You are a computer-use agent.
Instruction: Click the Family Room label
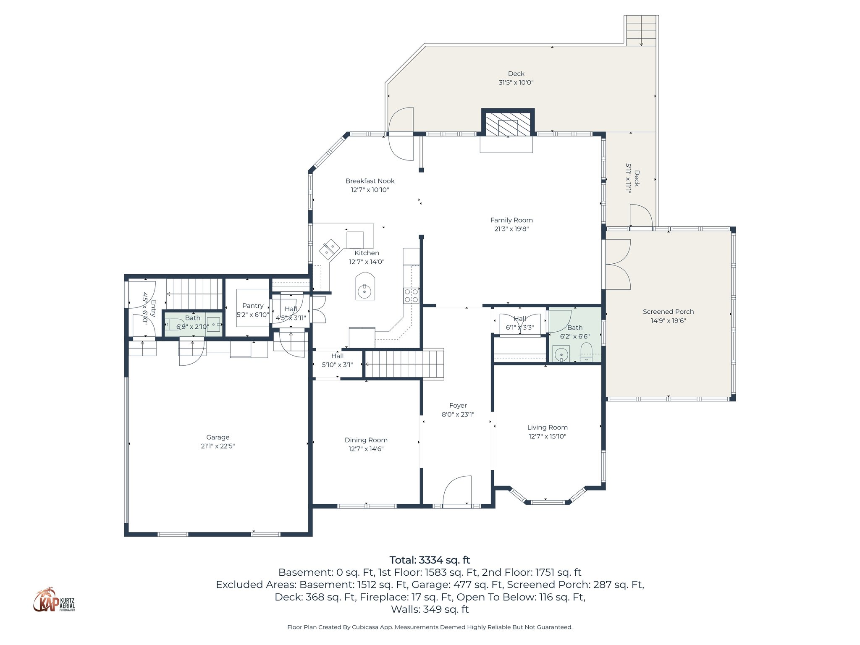511,220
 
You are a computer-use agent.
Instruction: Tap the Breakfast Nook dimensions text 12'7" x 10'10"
370,190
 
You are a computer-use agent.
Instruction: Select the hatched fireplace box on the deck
508,123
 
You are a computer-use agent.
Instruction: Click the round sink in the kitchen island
364,290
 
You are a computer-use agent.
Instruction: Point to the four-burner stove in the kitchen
411,295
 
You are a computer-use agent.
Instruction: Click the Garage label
218,437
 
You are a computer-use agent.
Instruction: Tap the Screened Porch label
668,312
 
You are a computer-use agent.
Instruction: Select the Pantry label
253,306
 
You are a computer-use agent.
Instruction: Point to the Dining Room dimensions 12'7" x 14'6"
366,449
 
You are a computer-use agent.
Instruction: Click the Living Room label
547,427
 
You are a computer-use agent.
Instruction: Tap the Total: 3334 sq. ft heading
430,560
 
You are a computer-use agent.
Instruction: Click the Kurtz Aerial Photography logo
54,600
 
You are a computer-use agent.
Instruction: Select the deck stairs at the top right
641,31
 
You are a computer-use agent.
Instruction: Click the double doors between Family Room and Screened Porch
617,265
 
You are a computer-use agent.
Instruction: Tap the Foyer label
458,406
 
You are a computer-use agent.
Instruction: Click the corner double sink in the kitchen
330,249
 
